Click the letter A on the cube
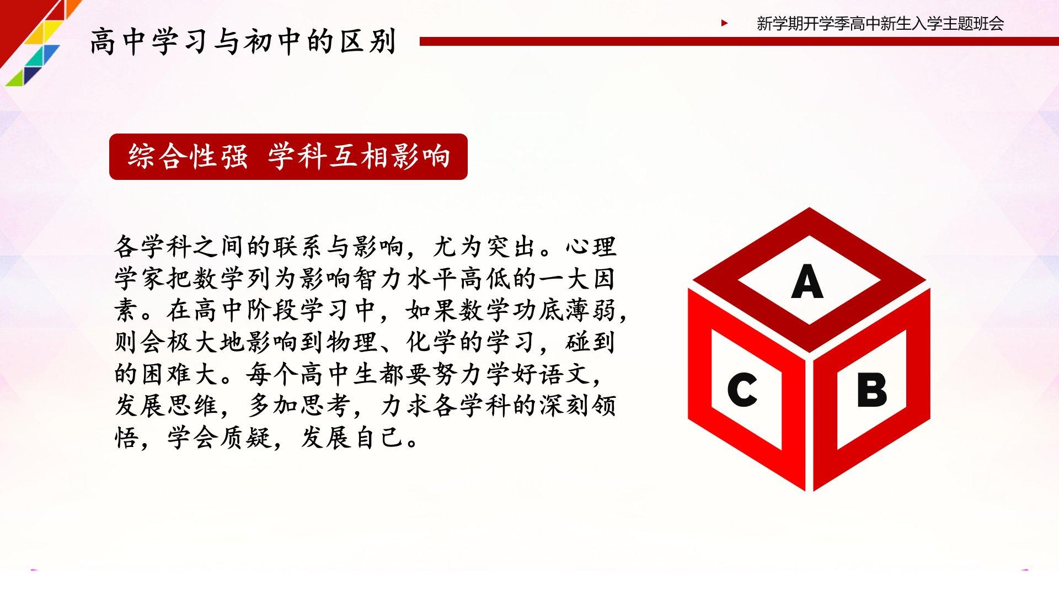coord(807,281)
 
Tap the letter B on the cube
coord(871,390)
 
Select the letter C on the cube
coord(742,390)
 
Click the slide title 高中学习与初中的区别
coord(243,41)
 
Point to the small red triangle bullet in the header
coord(724,23)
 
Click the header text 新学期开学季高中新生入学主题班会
coord(880,24)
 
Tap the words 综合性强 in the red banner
coord(188,156)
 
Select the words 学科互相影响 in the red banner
coord(359,156)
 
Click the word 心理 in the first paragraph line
coord(591,247)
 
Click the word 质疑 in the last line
coord(247,438)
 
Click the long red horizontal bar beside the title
coord(739,41)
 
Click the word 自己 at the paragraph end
coord(379,438)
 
